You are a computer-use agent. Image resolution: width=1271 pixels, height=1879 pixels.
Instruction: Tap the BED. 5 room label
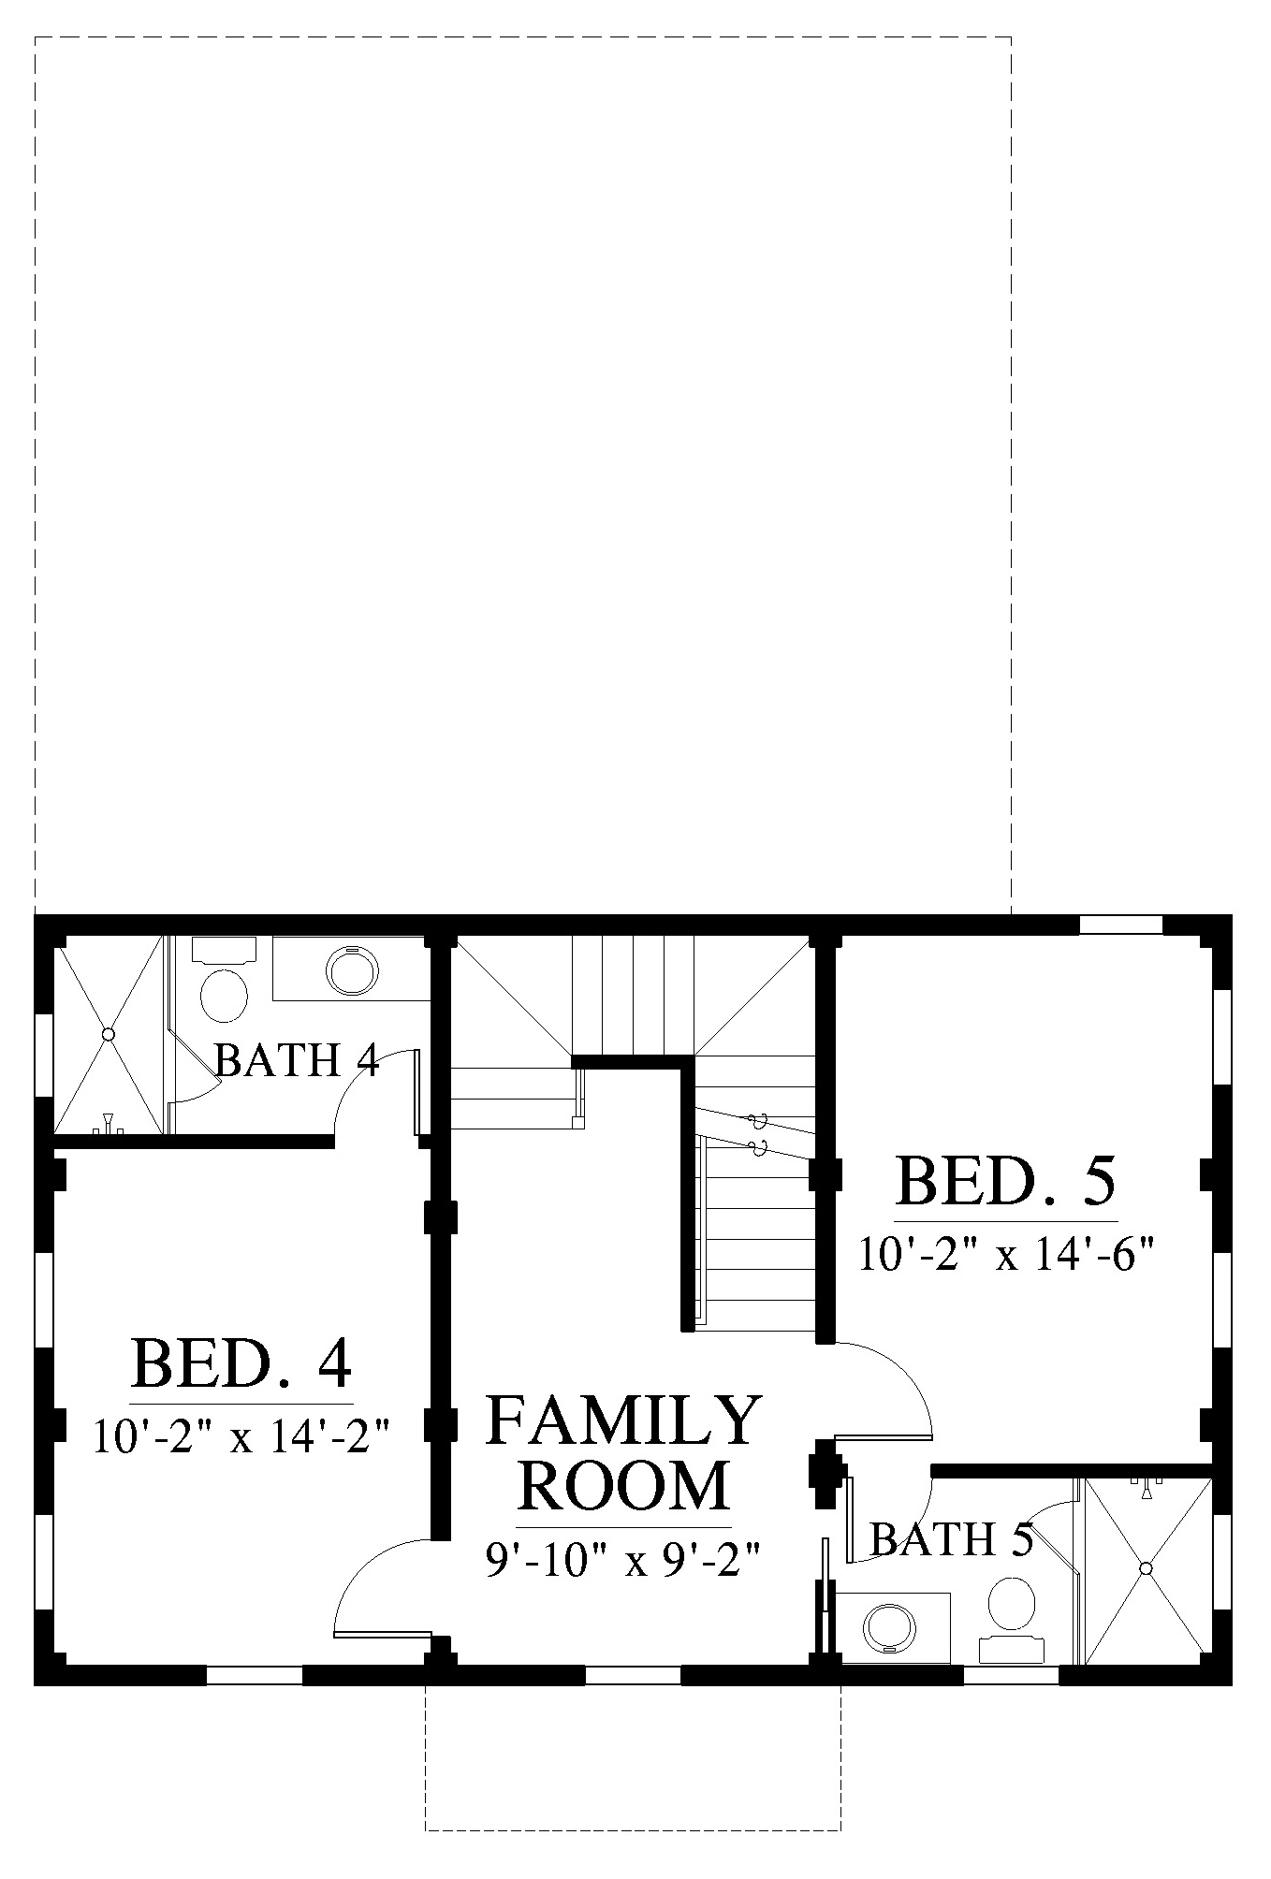pos(1006,1181)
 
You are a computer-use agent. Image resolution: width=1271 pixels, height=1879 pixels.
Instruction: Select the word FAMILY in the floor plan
pos(624,1420)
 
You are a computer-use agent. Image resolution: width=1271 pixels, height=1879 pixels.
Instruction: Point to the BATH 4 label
pos(297,1060)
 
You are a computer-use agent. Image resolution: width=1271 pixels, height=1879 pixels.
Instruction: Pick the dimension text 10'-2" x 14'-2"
pos(241,1435)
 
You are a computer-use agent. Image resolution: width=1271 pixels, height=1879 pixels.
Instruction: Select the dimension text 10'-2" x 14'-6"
pos(1006,1254)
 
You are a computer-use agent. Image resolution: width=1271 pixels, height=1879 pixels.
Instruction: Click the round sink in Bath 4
pos(353,971)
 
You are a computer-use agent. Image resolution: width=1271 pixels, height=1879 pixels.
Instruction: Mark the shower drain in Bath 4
pos(108,1035)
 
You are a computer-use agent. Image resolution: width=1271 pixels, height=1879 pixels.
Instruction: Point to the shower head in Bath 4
pos(109,1123)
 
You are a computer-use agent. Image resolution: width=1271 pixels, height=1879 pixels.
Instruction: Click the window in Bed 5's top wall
pos(1121,925)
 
